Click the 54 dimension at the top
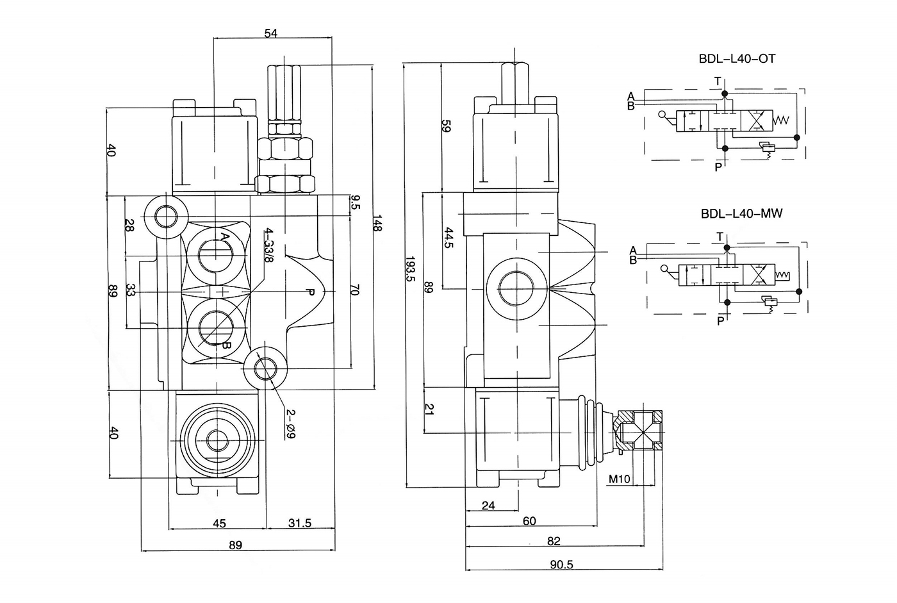[x=270, y=34]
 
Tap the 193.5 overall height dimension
[x=410, y=269]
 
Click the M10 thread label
[x=620, y=479]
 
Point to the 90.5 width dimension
[x=561, y=564]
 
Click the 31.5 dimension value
[x=299, y=524]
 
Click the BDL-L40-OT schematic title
[x=737, y=59]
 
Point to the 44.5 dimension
[x=448, y=238]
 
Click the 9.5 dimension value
[x=355, y=203]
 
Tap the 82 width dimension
[x=554, y=541]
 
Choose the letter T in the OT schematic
[x=718, y=81]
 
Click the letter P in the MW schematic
[x=720, y=320]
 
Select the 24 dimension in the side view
[x=488, y=506]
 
